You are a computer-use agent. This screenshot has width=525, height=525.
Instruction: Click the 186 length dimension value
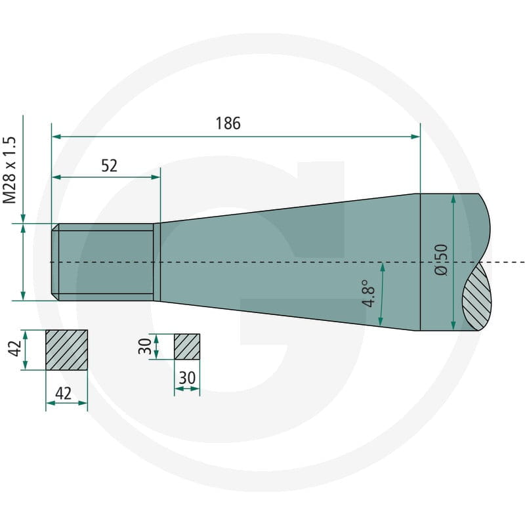point(228,123)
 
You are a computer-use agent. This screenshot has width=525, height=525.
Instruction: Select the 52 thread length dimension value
point(109,166)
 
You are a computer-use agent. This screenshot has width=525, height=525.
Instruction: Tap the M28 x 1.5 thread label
point(10,170)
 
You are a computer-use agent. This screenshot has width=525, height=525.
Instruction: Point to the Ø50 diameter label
point(441,260)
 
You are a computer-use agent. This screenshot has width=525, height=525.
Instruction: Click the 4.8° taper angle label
point(369,293)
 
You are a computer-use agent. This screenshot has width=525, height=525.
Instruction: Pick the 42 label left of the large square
point(16,348)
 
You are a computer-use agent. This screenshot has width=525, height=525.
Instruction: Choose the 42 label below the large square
point(63,393)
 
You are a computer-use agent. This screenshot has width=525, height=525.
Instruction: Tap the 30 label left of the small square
point(145,346)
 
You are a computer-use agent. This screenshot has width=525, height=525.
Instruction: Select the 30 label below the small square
point(187,378)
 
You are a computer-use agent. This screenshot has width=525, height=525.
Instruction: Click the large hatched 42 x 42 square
point(67,350)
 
